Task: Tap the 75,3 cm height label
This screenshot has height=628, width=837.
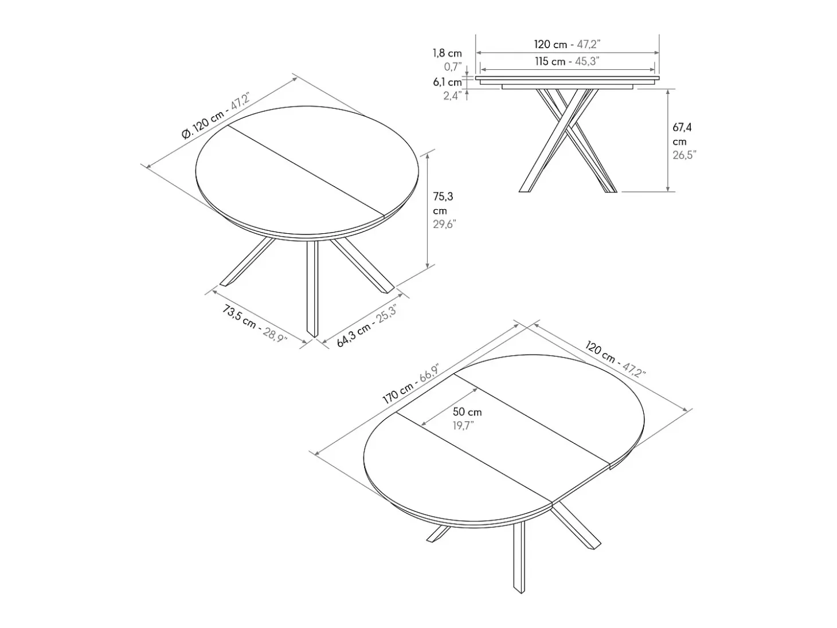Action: [443, 203]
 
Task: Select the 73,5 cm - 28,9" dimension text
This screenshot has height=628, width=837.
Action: [255, 324]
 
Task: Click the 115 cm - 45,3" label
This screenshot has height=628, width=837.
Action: [566, 61]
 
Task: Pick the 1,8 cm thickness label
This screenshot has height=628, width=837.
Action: [447, 53]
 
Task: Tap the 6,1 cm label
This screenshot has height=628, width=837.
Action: [447, 82]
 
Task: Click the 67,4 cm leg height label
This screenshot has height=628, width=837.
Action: [682, 134]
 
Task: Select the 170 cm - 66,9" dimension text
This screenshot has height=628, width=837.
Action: [410, 384]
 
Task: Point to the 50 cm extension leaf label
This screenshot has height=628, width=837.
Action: [467, 412]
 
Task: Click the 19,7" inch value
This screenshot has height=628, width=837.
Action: [463, 426]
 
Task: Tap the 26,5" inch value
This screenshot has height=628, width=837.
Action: [684, 155]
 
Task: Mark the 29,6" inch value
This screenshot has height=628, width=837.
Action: [444, 224]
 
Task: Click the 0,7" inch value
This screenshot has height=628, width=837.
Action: [453, 66]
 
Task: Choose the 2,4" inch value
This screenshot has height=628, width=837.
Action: [452, 96]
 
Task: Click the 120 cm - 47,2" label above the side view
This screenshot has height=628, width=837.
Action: [567, 44]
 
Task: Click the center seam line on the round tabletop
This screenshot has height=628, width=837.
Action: [306, 170]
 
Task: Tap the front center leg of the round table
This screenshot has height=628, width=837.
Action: [312, 289]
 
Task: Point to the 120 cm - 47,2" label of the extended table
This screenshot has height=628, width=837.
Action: [615, 359]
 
